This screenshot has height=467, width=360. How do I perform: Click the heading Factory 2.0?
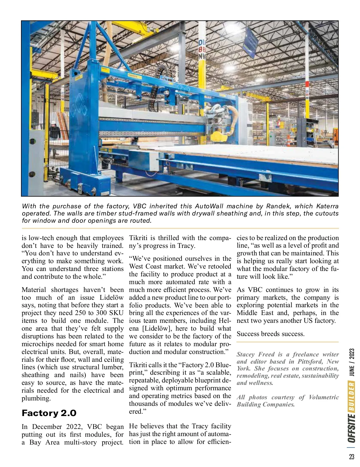coord(49,413)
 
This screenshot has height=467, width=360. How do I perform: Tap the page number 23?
coord(352,457)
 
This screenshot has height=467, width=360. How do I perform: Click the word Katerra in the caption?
coord(327,206)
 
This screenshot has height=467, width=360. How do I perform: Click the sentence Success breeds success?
coord(271,334)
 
